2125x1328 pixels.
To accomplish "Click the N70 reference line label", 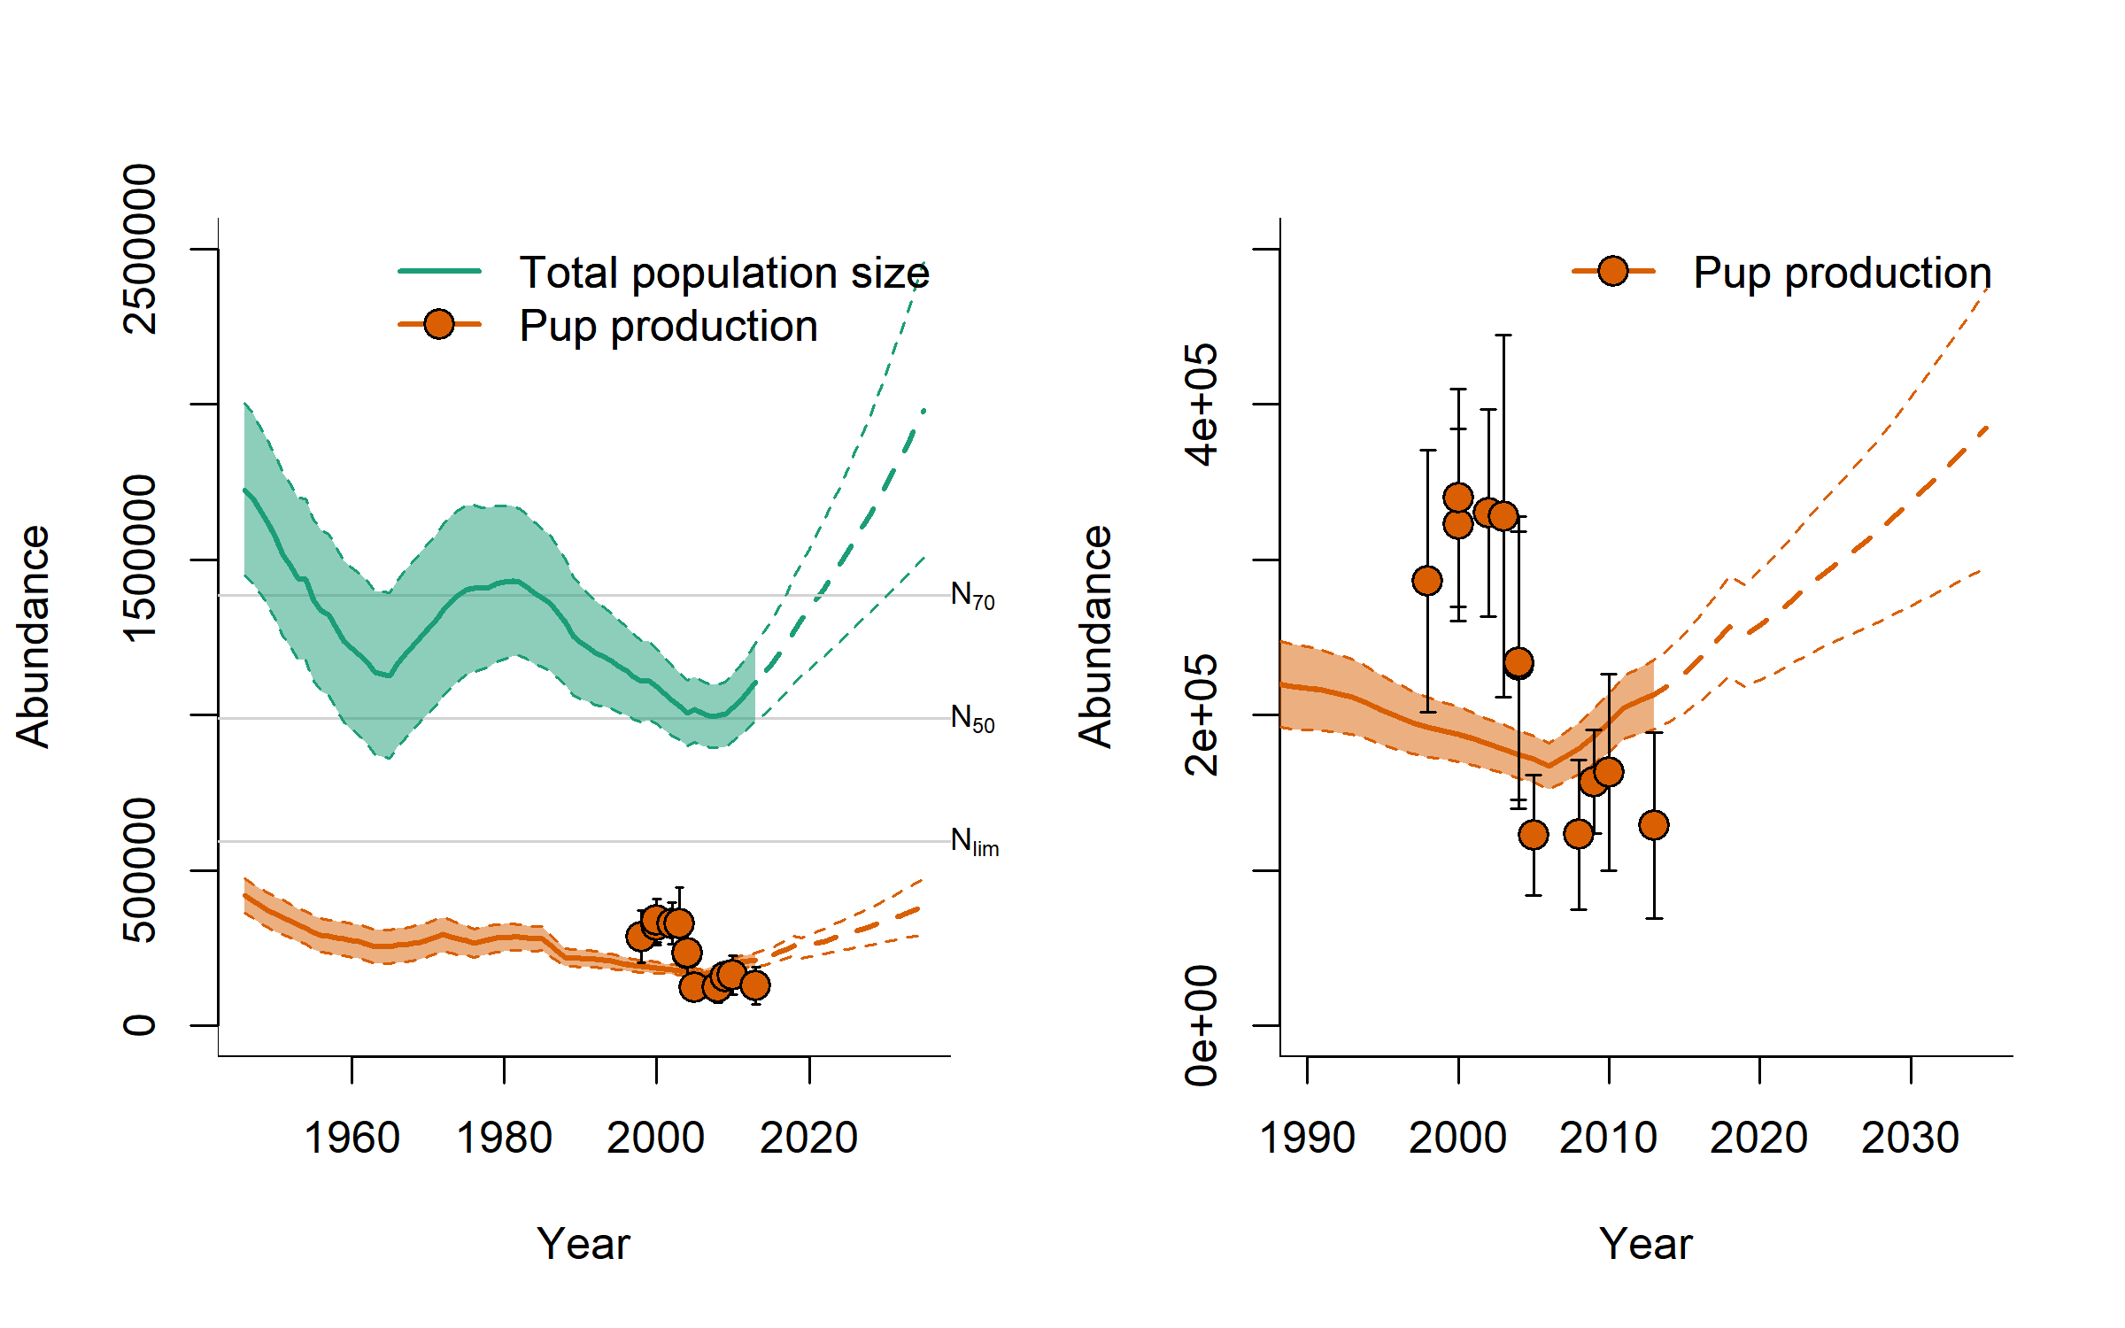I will coord(972,596).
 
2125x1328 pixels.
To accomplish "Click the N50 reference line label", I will coord(972,718).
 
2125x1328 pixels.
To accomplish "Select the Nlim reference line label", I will coord(974,841).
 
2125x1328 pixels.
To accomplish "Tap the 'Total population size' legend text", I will coord(723,273).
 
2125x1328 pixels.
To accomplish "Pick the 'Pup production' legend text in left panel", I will coord(668,326).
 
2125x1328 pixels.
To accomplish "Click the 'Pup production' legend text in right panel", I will coord(1842,273).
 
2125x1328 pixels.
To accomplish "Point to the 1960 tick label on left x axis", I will coord(352,1138).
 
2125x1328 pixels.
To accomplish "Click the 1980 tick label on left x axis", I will coord(504,1138).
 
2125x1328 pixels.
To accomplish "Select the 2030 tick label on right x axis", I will coord(1910,1138).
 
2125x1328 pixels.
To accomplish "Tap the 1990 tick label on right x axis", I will coord(1307,1138).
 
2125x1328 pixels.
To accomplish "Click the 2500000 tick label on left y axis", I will coord(141,249).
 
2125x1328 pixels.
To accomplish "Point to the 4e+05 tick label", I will coord(1202,405).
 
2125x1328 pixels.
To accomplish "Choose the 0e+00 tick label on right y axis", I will coord(1202,1025).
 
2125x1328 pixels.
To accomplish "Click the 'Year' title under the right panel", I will coord(1645,1244).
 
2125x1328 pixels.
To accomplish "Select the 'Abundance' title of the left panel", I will coord(34,637).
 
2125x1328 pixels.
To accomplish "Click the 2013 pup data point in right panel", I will coord(1654,825).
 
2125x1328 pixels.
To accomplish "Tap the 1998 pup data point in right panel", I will coord(1427,581).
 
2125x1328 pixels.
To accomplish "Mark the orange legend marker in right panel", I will coord(1613,271).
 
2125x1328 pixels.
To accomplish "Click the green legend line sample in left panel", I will coord(439,271).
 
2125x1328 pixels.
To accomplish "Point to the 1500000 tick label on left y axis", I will coord(141,559).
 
